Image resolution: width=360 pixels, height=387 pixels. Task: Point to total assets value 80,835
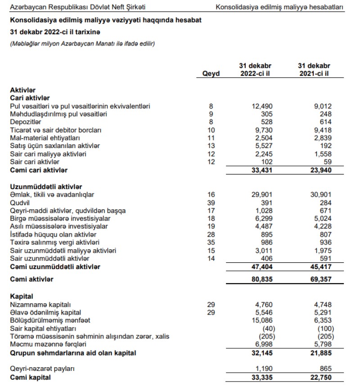point(261,279)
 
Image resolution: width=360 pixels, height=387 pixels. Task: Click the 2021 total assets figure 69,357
point(320,279)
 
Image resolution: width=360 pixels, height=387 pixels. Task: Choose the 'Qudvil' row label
point(19,202)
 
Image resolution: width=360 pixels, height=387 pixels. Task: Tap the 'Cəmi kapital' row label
point(30,378)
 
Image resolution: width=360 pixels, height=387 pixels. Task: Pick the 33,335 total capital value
point(261,378)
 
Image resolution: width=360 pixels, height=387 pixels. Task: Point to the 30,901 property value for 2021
point(320,194)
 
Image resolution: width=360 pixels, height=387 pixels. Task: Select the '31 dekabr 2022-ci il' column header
point(255,70)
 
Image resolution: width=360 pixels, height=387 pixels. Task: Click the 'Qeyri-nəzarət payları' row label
point(41,369)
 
